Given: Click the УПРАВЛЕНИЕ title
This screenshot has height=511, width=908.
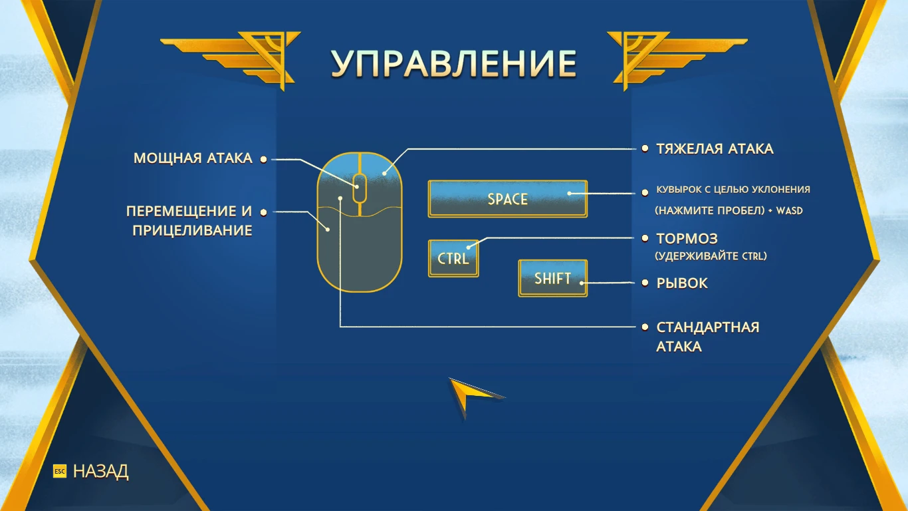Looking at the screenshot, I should pyautogui.click(x=453, y=64).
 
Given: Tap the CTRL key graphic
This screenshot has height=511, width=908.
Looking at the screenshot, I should pyautogui.click(x=453, y=258).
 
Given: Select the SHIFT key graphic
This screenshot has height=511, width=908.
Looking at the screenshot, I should pyautogui.click(x=552, y=278).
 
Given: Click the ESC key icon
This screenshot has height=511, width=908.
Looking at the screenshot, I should pyautogui.click(x=60, y=471).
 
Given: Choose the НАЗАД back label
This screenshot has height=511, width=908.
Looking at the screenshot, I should pyautogui.click(x=100, y=471).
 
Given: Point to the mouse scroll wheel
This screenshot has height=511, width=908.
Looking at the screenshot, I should pyautogui.click(x=359, y=188).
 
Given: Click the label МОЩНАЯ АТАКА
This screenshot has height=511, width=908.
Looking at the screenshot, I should pyautogui.click(x=193, y=158).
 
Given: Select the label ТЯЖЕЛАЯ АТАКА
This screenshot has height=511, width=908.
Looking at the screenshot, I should pyautogui.click(x=715, y=148).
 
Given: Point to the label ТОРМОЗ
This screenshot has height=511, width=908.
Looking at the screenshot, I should pyautogui.click(x=687, y=239).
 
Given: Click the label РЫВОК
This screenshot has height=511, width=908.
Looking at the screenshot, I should pyautogui.click(x=682, y=283).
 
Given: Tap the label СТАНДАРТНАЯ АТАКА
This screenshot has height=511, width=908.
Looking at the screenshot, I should pyautogui.click(x=707, y=337).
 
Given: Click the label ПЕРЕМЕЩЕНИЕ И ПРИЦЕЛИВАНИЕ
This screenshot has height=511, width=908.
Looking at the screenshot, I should pyautogui.click(x=189, y=221).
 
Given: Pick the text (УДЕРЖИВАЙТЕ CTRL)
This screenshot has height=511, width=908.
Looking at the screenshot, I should pyautogui.click(x=711, y=255).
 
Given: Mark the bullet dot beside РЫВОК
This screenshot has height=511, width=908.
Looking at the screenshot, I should pyautogui.click(x=644, y=283).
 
